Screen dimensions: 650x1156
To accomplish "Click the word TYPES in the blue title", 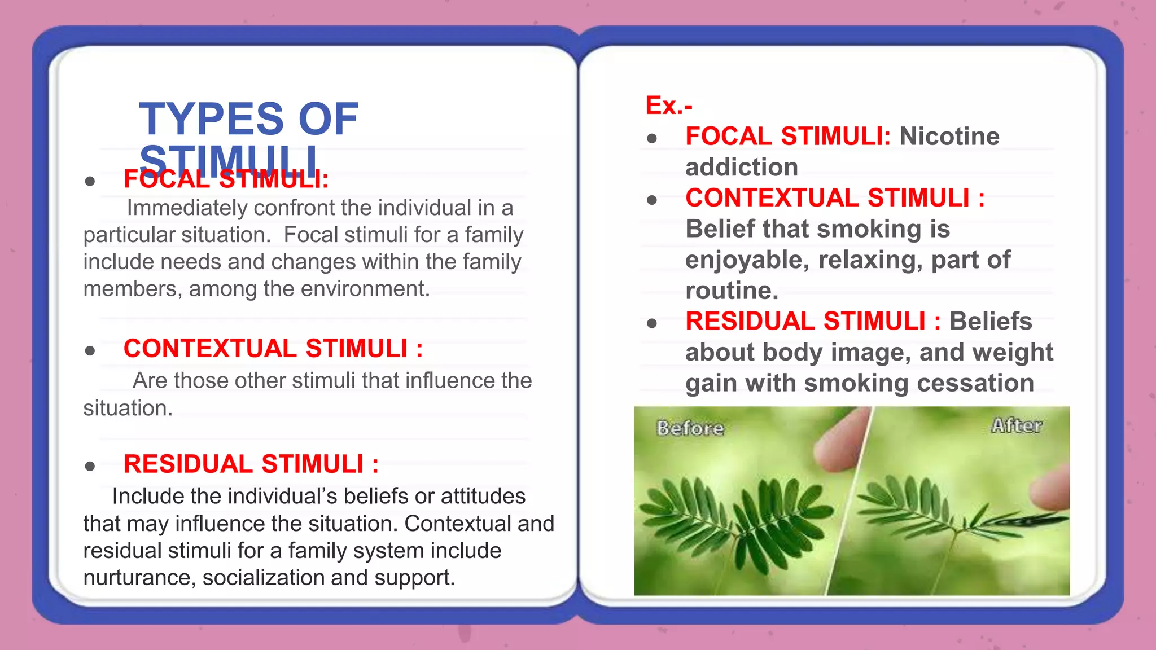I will [x=211, y=119].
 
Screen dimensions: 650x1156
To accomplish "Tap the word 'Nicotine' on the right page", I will [x=949, y=137].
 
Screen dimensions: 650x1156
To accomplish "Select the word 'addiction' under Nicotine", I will [x=742, y=168].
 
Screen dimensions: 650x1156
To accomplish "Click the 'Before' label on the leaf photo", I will [x=690, y=428].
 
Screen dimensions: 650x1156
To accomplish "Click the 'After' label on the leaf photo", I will [x=1017, y=425].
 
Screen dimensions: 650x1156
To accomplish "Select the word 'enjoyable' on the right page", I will [x=746, y=260].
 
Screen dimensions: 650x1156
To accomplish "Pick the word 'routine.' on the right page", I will [x=732, y=291].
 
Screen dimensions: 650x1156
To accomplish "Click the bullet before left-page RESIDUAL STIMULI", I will [x=90, y=466].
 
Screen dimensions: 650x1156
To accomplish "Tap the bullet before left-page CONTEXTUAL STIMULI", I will [x=90, y=351].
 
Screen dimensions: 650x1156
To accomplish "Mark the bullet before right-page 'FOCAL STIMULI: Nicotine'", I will [x=653, y=138].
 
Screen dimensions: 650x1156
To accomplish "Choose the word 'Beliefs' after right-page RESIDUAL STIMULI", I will [x=991, y=322].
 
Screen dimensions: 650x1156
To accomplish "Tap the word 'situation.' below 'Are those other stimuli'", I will [x=128, y=408].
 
